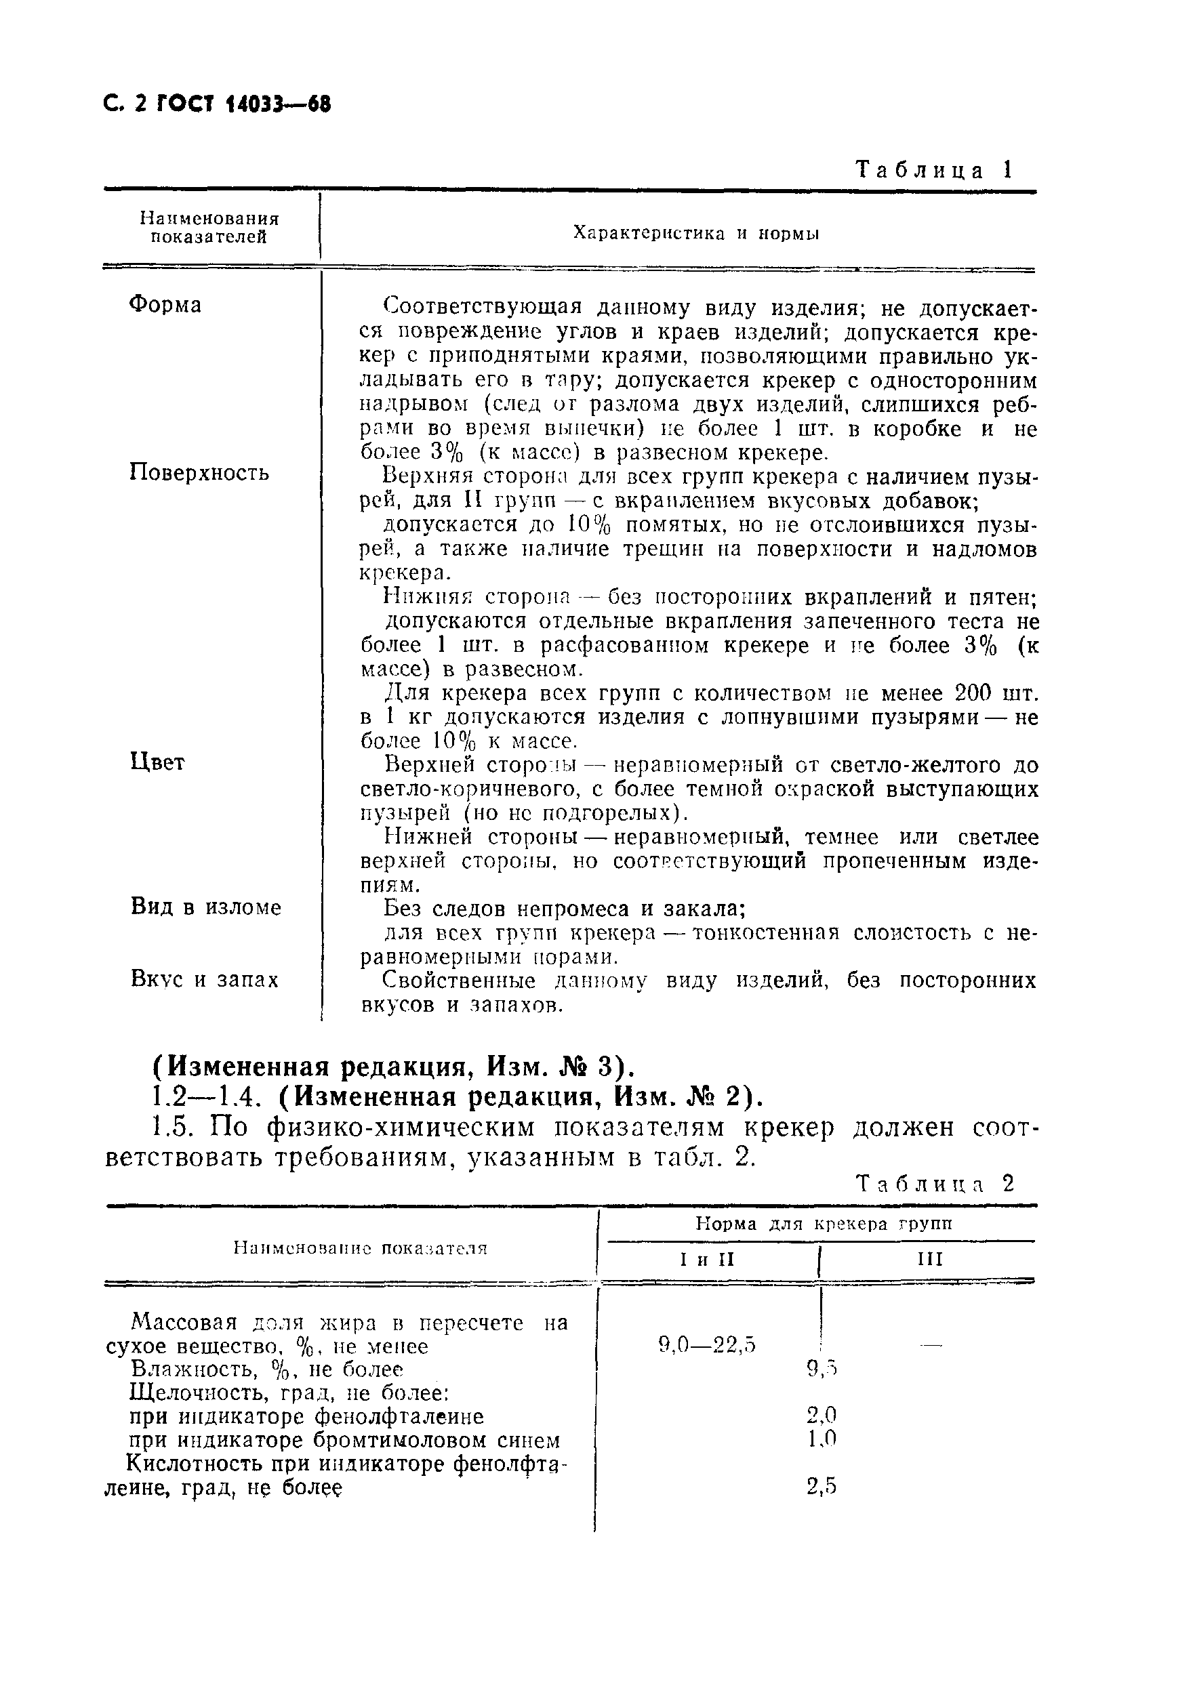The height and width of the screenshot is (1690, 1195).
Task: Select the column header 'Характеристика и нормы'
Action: [696, 234]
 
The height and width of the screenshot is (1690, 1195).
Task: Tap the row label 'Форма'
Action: [165, 306]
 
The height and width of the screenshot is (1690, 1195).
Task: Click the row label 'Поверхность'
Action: [199, 472]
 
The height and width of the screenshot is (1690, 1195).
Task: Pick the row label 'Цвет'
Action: [157, 762]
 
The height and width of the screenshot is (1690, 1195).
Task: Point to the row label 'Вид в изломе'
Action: [206, 907]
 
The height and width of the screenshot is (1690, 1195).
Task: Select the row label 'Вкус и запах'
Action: [205, 980]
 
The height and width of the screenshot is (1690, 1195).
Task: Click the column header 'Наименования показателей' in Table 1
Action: [210, 228]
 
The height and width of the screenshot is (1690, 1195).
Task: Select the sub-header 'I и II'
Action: [708, 1260]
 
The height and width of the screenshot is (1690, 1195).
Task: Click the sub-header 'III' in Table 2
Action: [930, 1260]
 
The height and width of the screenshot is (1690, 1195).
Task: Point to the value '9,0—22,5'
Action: [708, 1346]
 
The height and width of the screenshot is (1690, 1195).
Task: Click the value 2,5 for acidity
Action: [822, 1487]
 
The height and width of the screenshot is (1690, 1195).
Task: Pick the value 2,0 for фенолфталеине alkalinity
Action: [822, 1416]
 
